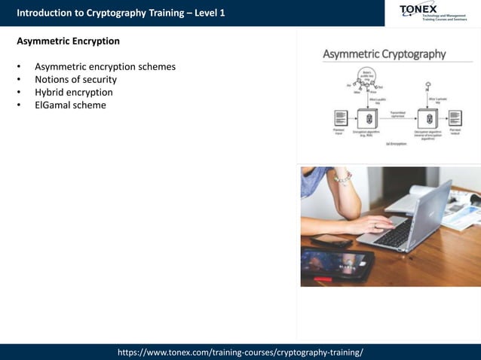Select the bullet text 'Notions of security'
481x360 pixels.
click(x=75, y=79)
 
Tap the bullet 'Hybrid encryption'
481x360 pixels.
click(x=73, y=92)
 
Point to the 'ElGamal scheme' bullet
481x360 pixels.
click(x=70, y=105)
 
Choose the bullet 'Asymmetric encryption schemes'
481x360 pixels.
click(x=105, y=66)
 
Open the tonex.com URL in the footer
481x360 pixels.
click(x=240, y=352)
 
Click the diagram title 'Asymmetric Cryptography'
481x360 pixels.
click(x=384, y=54)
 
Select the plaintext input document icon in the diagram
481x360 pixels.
click(x=340, y=118)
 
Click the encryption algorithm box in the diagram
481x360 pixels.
click(x=367, y=118)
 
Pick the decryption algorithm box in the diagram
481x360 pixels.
click(x=430, y=118)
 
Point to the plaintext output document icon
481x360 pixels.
click(x=455, y=118)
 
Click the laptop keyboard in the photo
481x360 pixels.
click(x=396, y=233)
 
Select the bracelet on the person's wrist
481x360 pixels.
click(x=344, y=178)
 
